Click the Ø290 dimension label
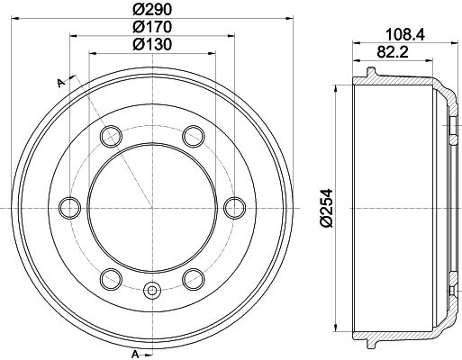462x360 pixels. point(150,9)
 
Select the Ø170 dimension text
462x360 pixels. point(150,26)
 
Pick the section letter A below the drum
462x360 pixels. point(134,352)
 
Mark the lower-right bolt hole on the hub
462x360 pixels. point(192,277)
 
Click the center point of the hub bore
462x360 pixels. point(151,207)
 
